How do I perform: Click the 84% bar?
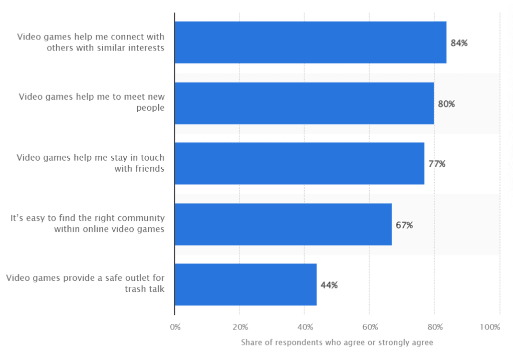tap(310, 43)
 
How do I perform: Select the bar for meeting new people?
tap(304, 103)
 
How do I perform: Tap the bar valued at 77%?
tap(299, 164)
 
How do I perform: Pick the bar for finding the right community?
tap(283, 224)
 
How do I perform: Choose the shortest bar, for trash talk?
tap(245, 285)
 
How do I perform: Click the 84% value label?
tap(459, 43)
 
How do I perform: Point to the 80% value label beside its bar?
tap(446, 104)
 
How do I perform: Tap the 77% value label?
tap(436, 164)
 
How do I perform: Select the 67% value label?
tap(404, 225)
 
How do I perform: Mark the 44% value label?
tap(329, 285)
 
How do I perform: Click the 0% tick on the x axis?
tap(175, 327)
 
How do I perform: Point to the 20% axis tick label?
tap(240, 327)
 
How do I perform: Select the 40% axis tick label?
tap(305, 327)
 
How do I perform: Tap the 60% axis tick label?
tap(370, 327)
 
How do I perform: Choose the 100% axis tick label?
tap(490, 327)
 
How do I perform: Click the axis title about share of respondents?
tap(337, 343)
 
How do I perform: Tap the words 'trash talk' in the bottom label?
tap(146, 289)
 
